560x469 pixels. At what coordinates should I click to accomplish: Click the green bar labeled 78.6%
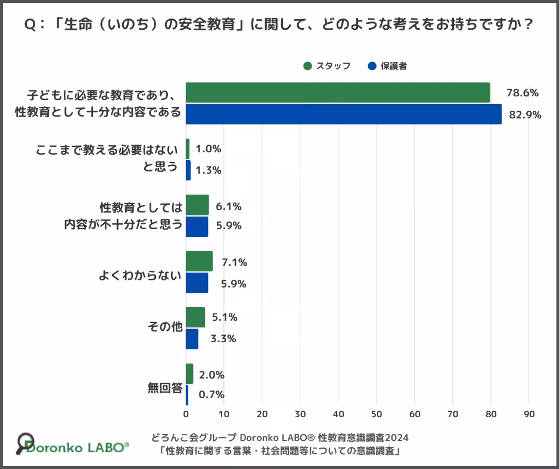pos(338,93)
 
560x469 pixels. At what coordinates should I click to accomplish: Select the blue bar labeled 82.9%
pos(344,114)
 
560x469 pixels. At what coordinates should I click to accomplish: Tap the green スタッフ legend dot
pos(307,66)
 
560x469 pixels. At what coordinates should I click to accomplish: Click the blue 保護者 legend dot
pos(373,66)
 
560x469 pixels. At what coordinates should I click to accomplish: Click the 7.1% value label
pos(234,262)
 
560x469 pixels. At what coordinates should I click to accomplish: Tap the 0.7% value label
pos(211,394)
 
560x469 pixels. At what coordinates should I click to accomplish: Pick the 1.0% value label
pos(209,149)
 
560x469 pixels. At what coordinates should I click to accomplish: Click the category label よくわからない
pos(140,276)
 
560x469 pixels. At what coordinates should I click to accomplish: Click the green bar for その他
pos(195,317)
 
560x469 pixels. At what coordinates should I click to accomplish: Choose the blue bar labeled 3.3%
pos(192,339)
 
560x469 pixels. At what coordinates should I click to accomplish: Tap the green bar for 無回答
pos(189,374)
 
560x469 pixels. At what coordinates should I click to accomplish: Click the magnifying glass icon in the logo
pos(24,442)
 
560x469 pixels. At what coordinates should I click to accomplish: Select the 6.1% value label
pos(229,207)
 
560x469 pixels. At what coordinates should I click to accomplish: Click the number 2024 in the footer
pos(393,437)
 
